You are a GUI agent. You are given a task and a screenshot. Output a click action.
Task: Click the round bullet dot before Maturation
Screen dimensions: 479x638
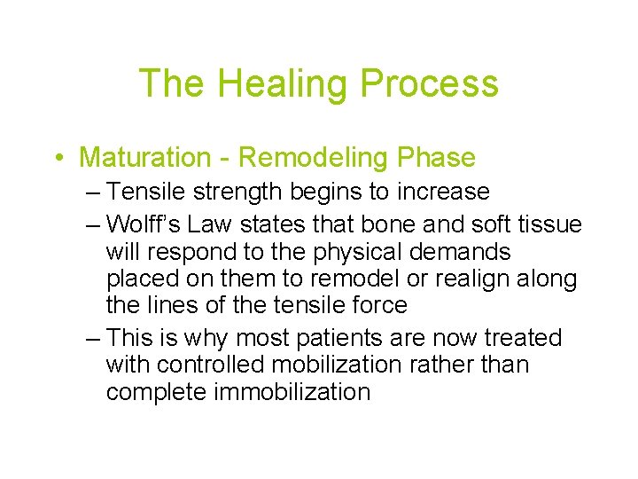point(58,159)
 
